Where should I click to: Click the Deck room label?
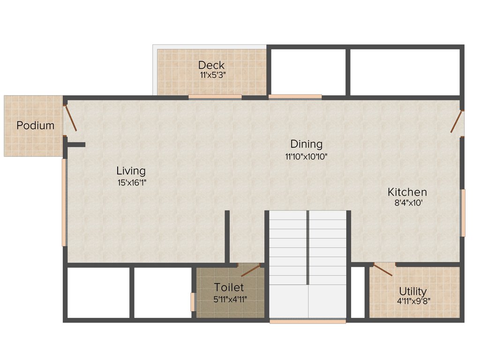(211, 65)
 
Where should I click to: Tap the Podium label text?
(36, 126)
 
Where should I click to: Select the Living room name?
(131, 171)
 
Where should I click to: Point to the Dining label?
(306, 144)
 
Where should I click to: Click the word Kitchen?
(407, 192)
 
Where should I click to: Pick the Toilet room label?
(229, 287)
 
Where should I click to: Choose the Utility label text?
(412, 291)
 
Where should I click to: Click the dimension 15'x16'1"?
(132, 183)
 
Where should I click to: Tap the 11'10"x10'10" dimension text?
(306, 157)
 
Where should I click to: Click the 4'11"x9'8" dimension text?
(412, 301)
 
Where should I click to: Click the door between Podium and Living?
(71, 118)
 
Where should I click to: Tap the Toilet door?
(250, 270)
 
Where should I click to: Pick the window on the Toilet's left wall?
(192, 302)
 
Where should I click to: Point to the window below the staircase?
(307, 321)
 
